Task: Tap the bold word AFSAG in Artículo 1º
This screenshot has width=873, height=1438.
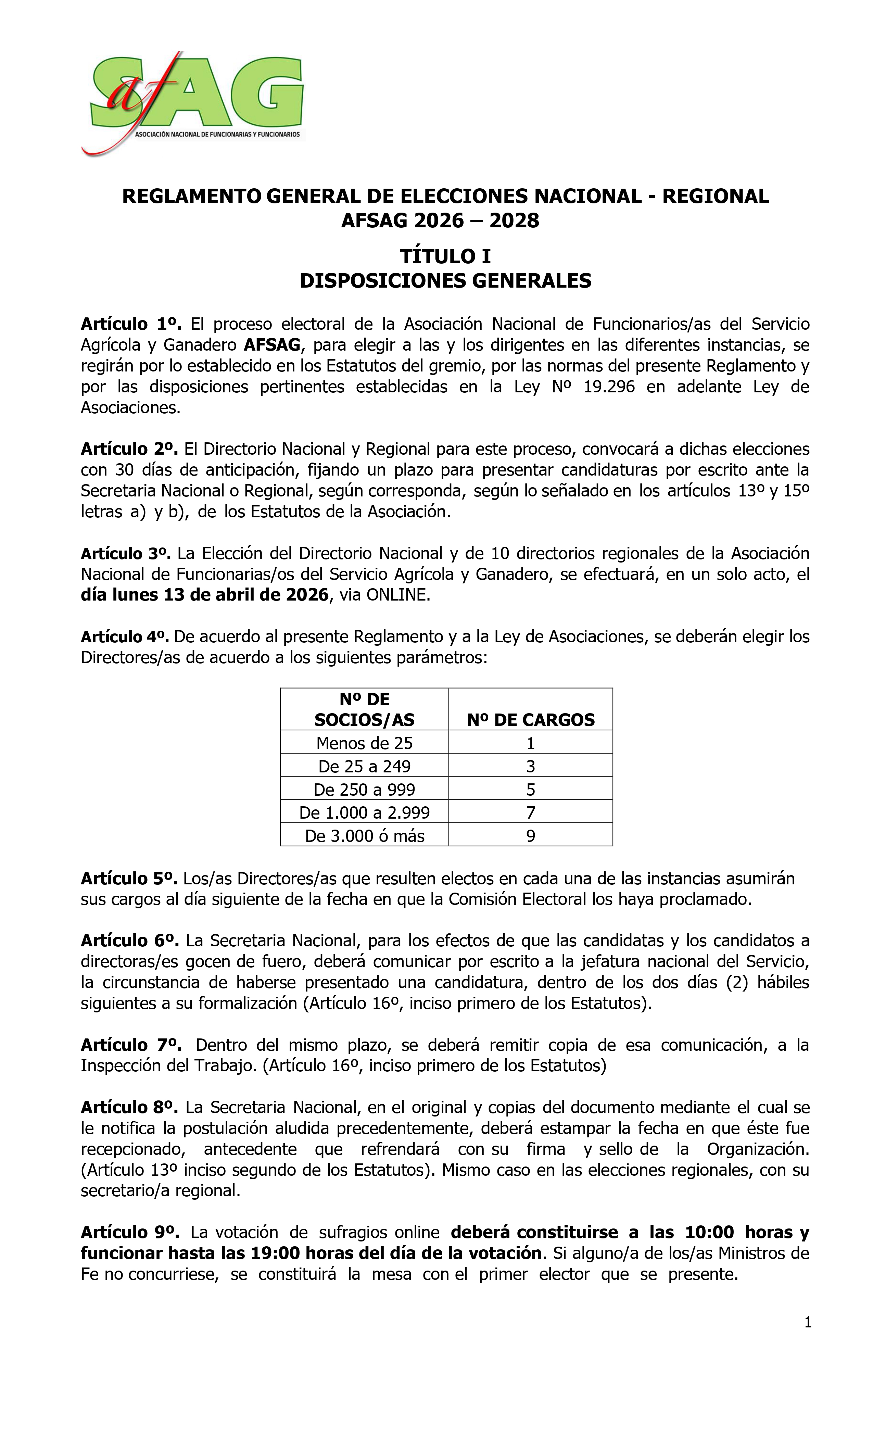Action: click(x=271, y=345)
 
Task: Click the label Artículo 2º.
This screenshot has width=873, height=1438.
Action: click(x=129, y=449)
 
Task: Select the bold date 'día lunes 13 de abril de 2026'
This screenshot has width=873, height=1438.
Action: click(x=205, y=595)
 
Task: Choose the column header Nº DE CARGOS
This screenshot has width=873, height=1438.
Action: click(x=530, y=720)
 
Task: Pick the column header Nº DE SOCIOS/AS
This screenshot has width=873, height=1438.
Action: click(x=364, y=709)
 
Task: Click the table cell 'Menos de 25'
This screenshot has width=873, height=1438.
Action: click(x=364, y=743)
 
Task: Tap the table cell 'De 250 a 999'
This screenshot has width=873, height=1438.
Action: click(x=364, y=790)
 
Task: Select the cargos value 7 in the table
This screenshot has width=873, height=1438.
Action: click(x=530, y=812)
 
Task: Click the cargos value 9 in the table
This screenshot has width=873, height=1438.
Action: click(x=530, y=836)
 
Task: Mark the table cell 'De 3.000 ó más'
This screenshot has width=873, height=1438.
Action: click(x=364, y=836)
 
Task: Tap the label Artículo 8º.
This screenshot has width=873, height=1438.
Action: click(x=129, y=1107)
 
